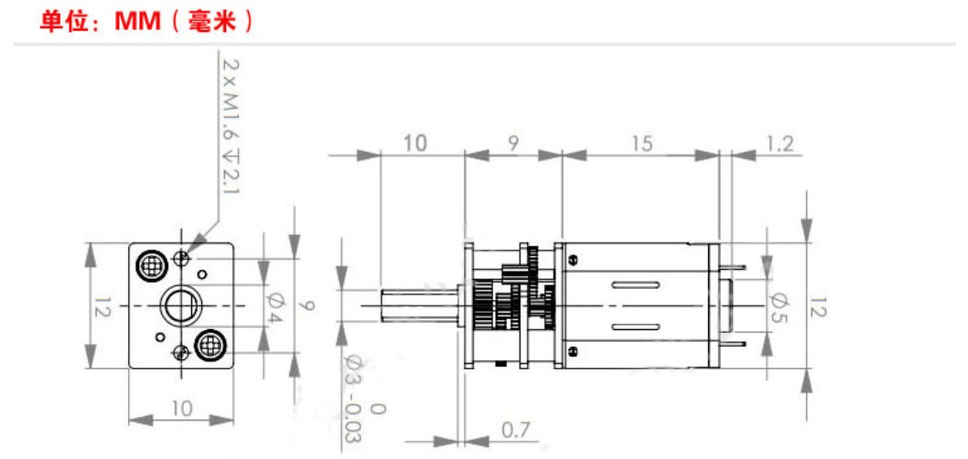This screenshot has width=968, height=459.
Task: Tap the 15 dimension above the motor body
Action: click(642, 144)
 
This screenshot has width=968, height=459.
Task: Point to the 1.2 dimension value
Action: click(780, 144)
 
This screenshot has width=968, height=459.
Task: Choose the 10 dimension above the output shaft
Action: click(414, 144)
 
